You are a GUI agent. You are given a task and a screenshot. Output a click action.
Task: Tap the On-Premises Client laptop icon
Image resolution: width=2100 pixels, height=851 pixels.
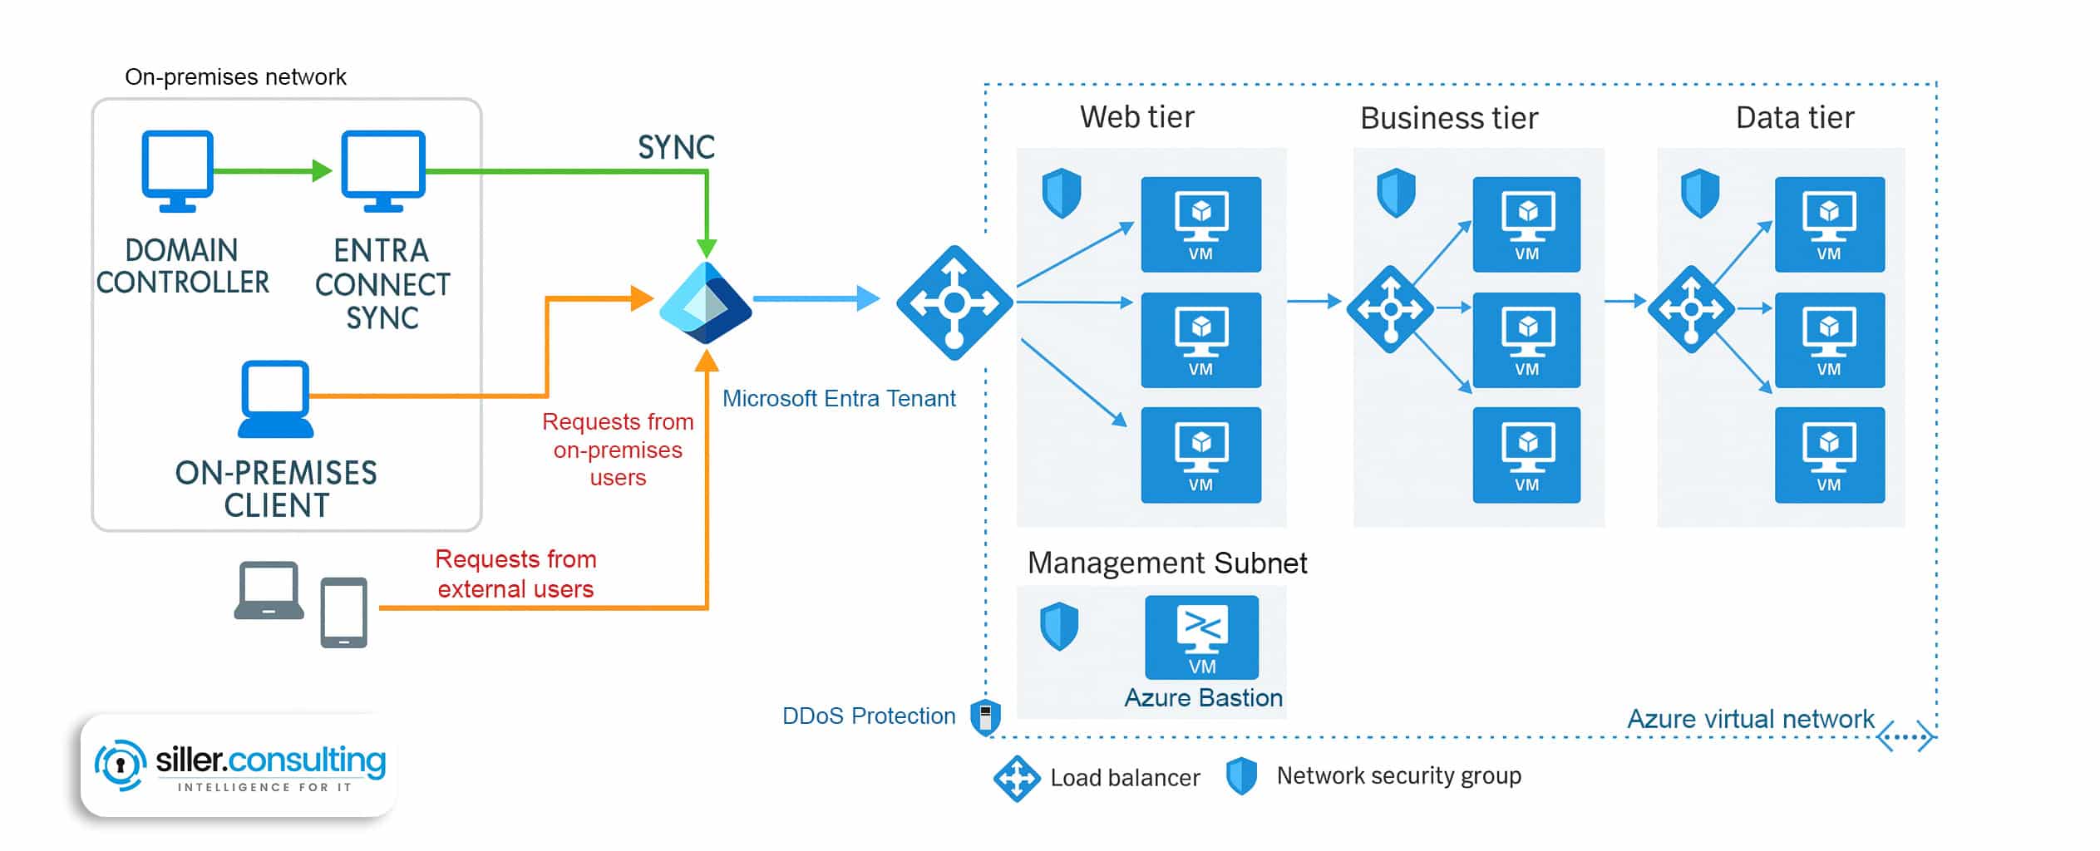275,399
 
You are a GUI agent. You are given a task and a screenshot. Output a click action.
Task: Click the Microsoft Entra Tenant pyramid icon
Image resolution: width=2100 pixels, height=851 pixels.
706,303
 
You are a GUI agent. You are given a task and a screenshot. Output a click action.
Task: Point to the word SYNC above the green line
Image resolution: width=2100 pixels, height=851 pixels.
676,148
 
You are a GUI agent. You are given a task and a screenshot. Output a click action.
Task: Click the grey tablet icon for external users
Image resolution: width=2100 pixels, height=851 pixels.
344,612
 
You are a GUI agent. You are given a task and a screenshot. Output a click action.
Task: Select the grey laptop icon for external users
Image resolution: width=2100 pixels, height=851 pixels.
269,591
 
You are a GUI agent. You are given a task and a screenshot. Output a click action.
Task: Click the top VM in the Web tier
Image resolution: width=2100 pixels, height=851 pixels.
1200,224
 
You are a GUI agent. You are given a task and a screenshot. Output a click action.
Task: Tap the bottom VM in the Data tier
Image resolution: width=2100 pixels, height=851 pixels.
1829,455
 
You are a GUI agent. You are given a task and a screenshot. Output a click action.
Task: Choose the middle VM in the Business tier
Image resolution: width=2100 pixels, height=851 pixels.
1526,340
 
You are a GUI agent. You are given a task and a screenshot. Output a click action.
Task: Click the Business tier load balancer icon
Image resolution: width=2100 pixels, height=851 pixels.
1390,309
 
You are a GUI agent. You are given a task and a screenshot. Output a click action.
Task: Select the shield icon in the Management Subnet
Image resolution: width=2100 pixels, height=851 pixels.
1059,627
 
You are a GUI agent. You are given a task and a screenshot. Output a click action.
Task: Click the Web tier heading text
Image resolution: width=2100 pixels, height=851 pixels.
1136,117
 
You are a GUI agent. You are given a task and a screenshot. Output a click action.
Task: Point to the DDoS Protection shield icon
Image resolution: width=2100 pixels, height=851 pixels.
985,716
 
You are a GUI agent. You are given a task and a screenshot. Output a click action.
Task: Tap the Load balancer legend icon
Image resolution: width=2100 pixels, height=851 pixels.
1016,779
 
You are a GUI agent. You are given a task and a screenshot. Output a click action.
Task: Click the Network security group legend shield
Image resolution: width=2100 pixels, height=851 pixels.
1241,776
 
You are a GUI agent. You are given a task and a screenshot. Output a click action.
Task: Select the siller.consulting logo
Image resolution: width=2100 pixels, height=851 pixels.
239,765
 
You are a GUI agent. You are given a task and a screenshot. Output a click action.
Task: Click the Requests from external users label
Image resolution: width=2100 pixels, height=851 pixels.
515,573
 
